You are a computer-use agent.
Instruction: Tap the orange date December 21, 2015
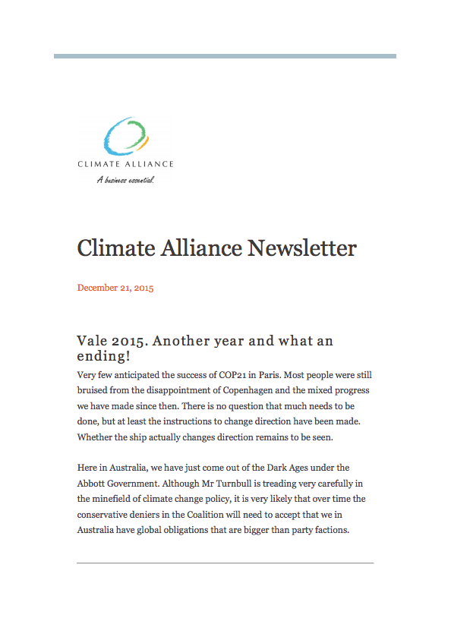(x=115, y=288)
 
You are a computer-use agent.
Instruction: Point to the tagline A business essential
(x=125, y=180)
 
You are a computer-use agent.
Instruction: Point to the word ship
(x=138, y=437)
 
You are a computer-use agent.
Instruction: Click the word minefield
(x=116, y=499)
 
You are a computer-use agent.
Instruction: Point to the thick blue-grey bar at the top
(x=225, y=55)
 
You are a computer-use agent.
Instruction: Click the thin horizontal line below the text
(x=225, y=563)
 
